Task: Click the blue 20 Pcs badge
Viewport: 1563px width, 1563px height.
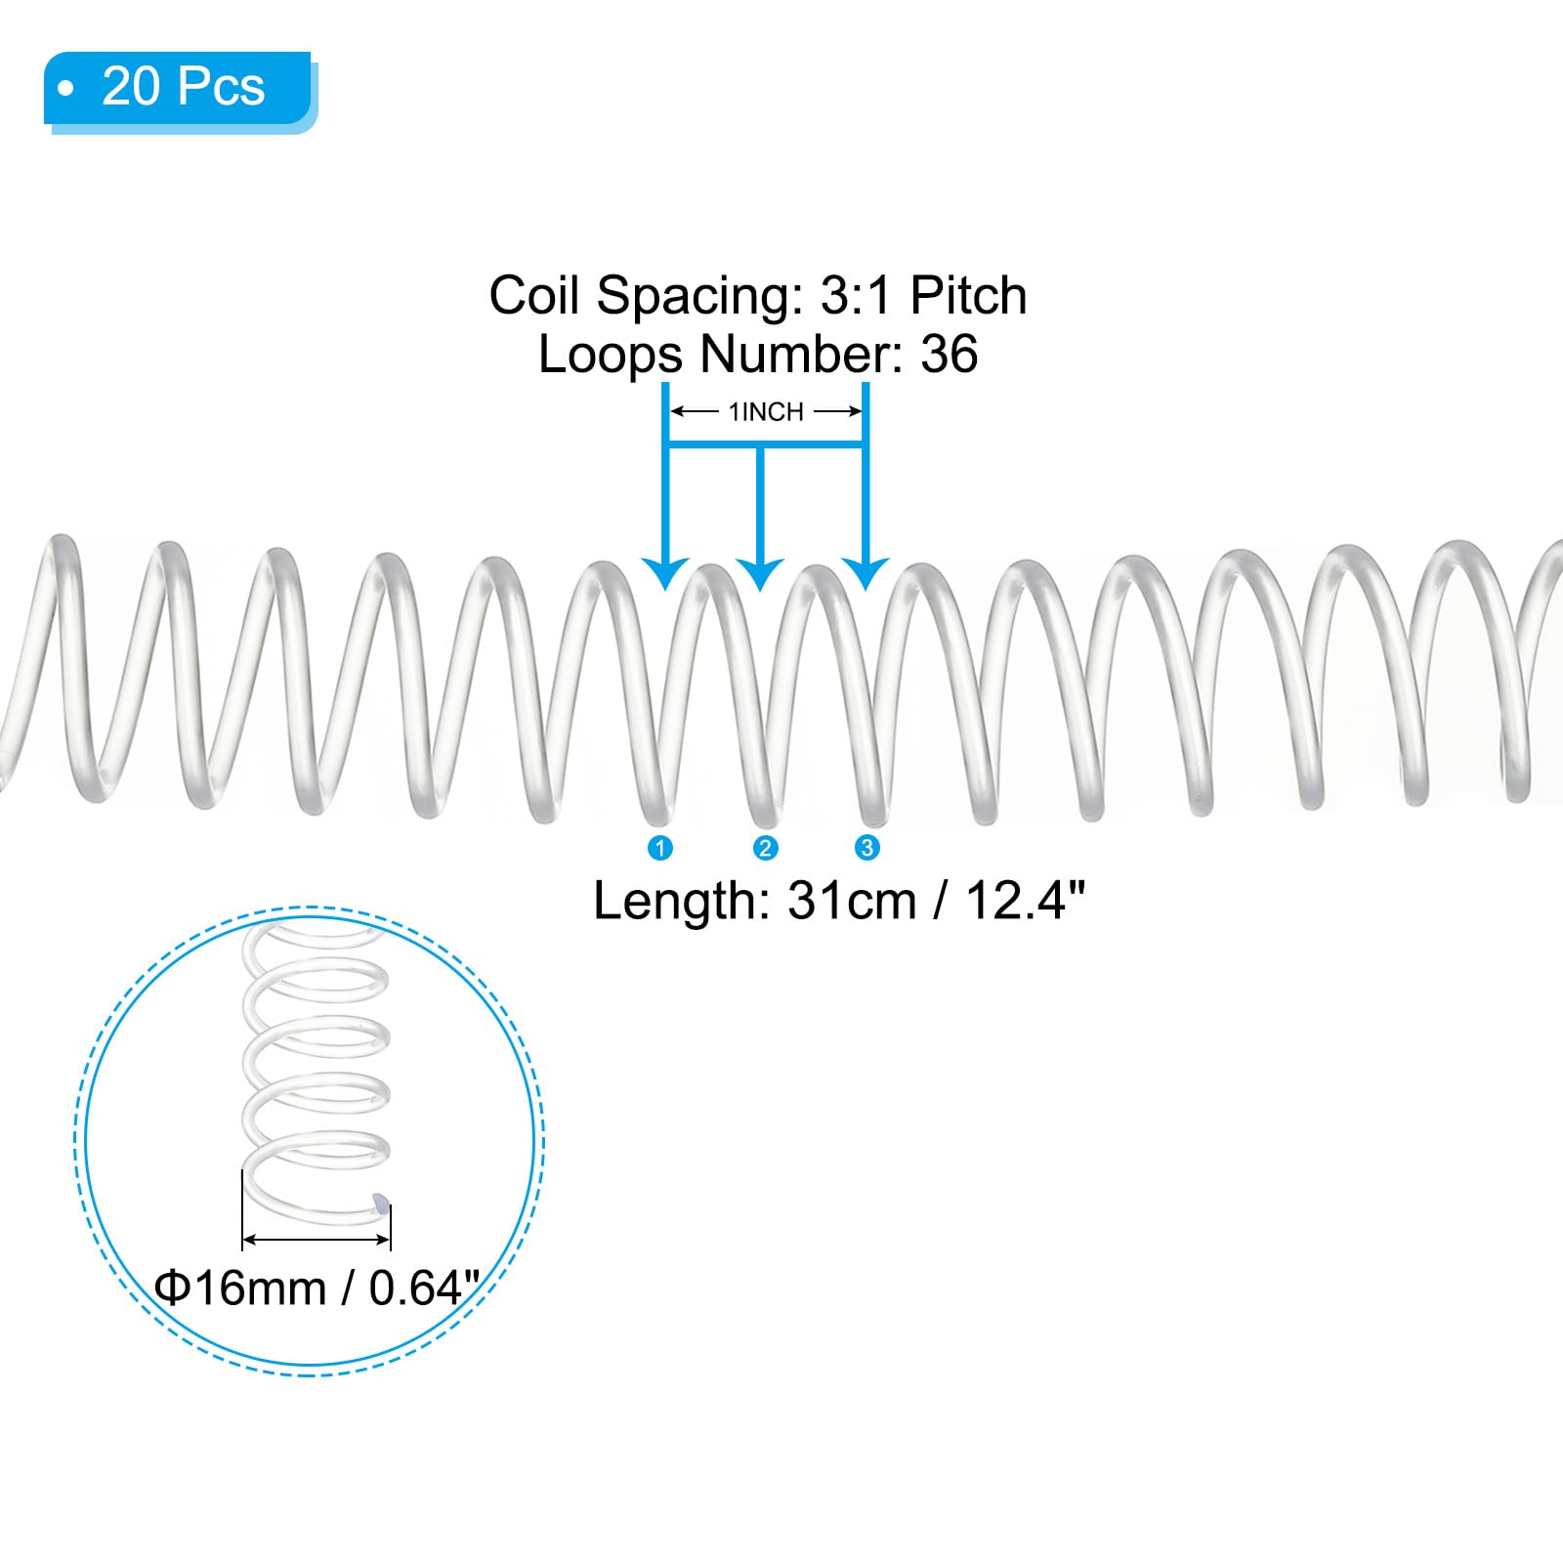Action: coord(180,90)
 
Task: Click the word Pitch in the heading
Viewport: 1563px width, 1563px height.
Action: coord(968,295)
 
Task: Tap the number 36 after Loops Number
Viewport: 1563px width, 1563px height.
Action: coord(949,354)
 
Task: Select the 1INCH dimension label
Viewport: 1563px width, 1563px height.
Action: coord(766,412)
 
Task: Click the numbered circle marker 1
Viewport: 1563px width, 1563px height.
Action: coord(660,848)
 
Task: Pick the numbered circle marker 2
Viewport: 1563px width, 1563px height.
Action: coord(765,848)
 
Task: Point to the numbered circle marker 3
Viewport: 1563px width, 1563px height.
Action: coord(866,848)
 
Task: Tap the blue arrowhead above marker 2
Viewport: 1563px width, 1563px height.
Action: coord(761,573)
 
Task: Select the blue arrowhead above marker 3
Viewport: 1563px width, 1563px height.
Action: coord(865,573)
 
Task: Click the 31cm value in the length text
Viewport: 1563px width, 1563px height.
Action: coord(852,901)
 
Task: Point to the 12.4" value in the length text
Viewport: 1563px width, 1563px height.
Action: coord(1026,900)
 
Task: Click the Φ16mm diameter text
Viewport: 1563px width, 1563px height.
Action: coord(240,1288)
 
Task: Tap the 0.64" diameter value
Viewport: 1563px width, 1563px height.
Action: coord(424,1288)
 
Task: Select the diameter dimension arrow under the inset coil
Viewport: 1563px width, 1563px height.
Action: coord(317,1240)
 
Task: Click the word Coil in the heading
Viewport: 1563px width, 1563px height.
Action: coord(536,295)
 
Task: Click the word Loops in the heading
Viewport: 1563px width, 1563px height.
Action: coord(610,356)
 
